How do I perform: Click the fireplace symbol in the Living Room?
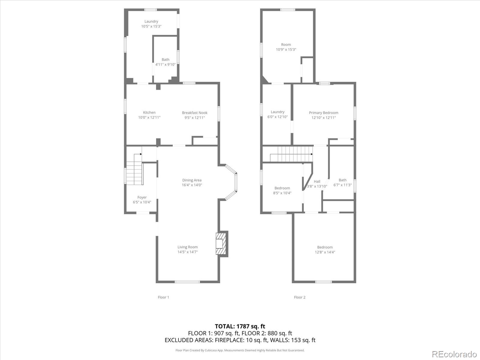pyautogui.click(x=222, y=244)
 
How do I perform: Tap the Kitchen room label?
pyautogui.click(x=149, y=112)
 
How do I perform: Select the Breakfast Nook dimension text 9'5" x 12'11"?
pyautogui.click(x=194, y=118)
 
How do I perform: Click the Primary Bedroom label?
pyautogui.click(x=323, y=113)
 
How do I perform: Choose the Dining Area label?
pyautogui.click(x=192, y=180)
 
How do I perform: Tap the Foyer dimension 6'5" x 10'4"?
pyautogui.click(x=142, y=202)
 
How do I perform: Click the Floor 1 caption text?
pyautogui.click(x=163, y=297)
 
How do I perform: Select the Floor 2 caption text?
pyautogui.click(x=300, y=297)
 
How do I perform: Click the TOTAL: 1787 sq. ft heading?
pyautogui.click(x=240, y=326)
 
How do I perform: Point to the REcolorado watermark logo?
pyautogui.click(x=454, y=354)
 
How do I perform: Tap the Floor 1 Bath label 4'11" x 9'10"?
pyautogui.click(x=165, y=62)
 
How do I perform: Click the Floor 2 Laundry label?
pyautogui.click(x=277, y=112)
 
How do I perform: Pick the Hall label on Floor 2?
pyautogui.click(x=317, y=181)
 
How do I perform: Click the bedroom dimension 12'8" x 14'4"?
pyautogui.click(x=325, y=252)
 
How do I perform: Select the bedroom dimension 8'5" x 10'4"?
pyautogui.click(x=282, y=193)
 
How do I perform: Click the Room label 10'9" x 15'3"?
pyautogui.click(x=286, y=47)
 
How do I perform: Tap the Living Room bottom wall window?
pyautogui.click(x=187, y=282)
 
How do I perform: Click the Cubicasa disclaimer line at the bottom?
pyautogui.click(x=240, y=350)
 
